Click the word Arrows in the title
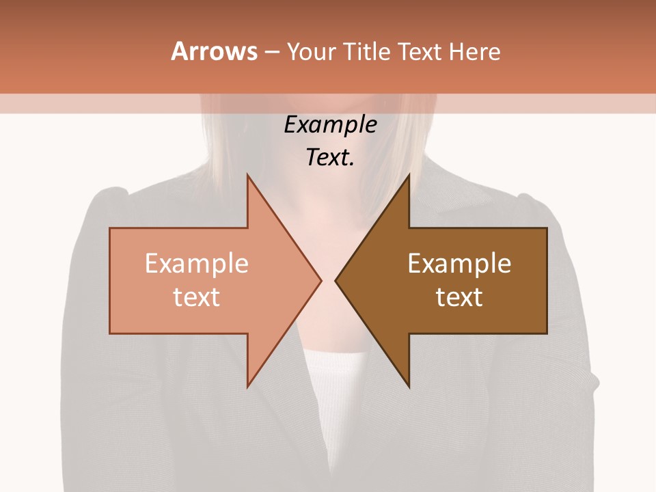point(214,51)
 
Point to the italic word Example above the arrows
point(330,125)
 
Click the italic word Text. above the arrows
point(330,158)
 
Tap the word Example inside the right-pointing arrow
point(197,264)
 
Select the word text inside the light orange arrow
point(197,297)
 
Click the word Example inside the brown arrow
point(459,264)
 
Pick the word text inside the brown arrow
point(459,297)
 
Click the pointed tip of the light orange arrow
point(319,280)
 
